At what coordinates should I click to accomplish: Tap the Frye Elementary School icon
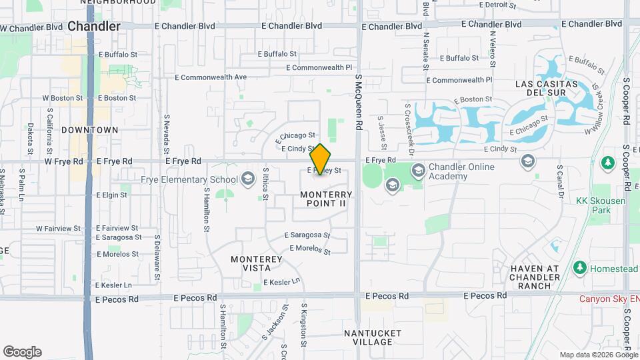248,179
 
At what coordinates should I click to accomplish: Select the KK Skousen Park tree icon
607,163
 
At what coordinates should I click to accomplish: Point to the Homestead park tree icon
579,268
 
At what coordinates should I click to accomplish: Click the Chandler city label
94,27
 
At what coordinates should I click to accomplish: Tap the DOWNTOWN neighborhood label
89,130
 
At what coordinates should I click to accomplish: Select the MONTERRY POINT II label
325,198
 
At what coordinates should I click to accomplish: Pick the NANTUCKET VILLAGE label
373,337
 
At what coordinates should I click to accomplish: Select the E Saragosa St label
307,235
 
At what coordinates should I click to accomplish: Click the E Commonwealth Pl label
319,68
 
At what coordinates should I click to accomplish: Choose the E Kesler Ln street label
281,283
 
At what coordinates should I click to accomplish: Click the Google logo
22,352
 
